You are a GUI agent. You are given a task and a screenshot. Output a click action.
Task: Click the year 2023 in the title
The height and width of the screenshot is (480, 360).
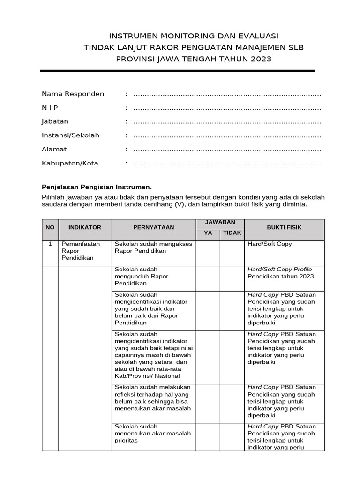click(260, 59)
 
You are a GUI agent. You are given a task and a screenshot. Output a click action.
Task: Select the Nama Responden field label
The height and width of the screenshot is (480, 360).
click(73, 94)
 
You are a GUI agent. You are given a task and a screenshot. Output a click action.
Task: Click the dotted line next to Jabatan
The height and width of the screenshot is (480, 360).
click(227, 122)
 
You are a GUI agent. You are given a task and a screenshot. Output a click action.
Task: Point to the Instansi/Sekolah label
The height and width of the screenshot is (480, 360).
click(71, 135)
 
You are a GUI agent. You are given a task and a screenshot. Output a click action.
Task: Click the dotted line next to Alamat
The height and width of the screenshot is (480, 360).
click(227, 150)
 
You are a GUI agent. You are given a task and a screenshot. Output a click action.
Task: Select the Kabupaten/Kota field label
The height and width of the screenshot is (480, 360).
click(70, 164)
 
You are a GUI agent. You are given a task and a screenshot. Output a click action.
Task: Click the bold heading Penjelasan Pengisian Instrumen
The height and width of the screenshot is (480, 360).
click(97, 187)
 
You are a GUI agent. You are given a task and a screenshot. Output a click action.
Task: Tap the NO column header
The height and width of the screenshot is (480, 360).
click(50, 227)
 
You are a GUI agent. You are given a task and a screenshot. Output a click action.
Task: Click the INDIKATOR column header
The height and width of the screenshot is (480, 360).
click(85, 227)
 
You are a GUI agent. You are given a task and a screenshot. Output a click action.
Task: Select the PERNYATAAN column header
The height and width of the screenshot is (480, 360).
click(153, 227)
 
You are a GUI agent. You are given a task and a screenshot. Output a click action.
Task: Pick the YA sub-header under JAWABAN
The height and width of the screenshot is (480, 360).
click(208, 233)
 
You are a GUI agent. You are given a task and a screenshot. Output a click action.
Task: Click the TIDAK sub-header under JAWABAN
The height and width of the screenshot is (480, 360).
click(232, 233)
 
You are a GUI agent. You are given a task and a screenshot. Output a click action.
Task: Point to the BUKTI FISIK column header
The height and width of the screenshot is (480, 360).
click(284, 227)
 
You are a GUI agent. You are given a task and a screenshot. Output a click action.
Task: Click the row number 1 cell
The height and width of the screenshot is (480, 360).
click(50, 244)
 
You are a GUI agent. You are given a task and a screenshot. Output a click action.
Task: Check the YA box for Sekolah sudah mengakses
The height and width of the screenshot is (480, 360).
click(208, 253)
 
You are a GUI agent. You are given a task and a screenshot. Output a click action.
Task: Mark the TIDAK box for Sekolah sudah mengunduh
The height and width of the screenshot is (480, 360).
click(232, 278)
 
